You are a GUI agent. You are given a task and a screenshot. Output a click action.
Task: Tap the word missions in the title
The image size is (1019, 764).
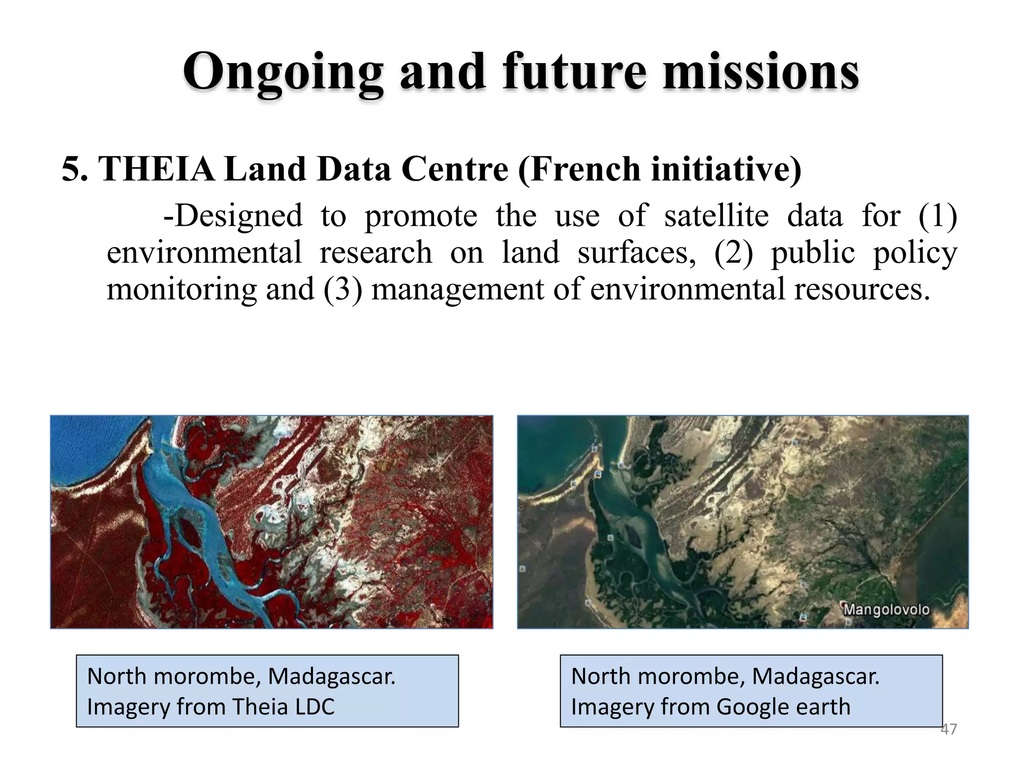(x=761, y=72)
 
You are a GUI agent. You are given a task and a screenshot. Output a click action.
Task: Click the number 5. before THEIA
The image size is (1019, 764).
(x=75, y=169)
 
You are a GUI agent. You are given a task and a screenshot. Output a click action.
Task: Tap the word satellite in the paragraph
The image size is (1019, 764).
(x=716, y=216)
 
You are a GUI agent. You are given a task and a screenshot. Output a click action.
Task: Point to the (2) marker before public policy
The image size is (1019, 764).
(x=733, y=253)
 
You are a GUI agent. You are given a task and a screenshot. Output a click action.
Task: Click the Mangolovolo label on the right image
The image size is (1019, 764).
(x=886, y=610)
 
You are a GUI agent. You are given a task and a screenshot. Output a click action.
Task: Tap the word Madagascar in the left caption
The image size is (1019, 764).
(x=331, y=676)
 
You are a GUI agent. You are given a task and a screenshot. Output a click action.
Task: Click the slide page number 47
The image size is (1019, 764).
(x=948, y=729)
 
